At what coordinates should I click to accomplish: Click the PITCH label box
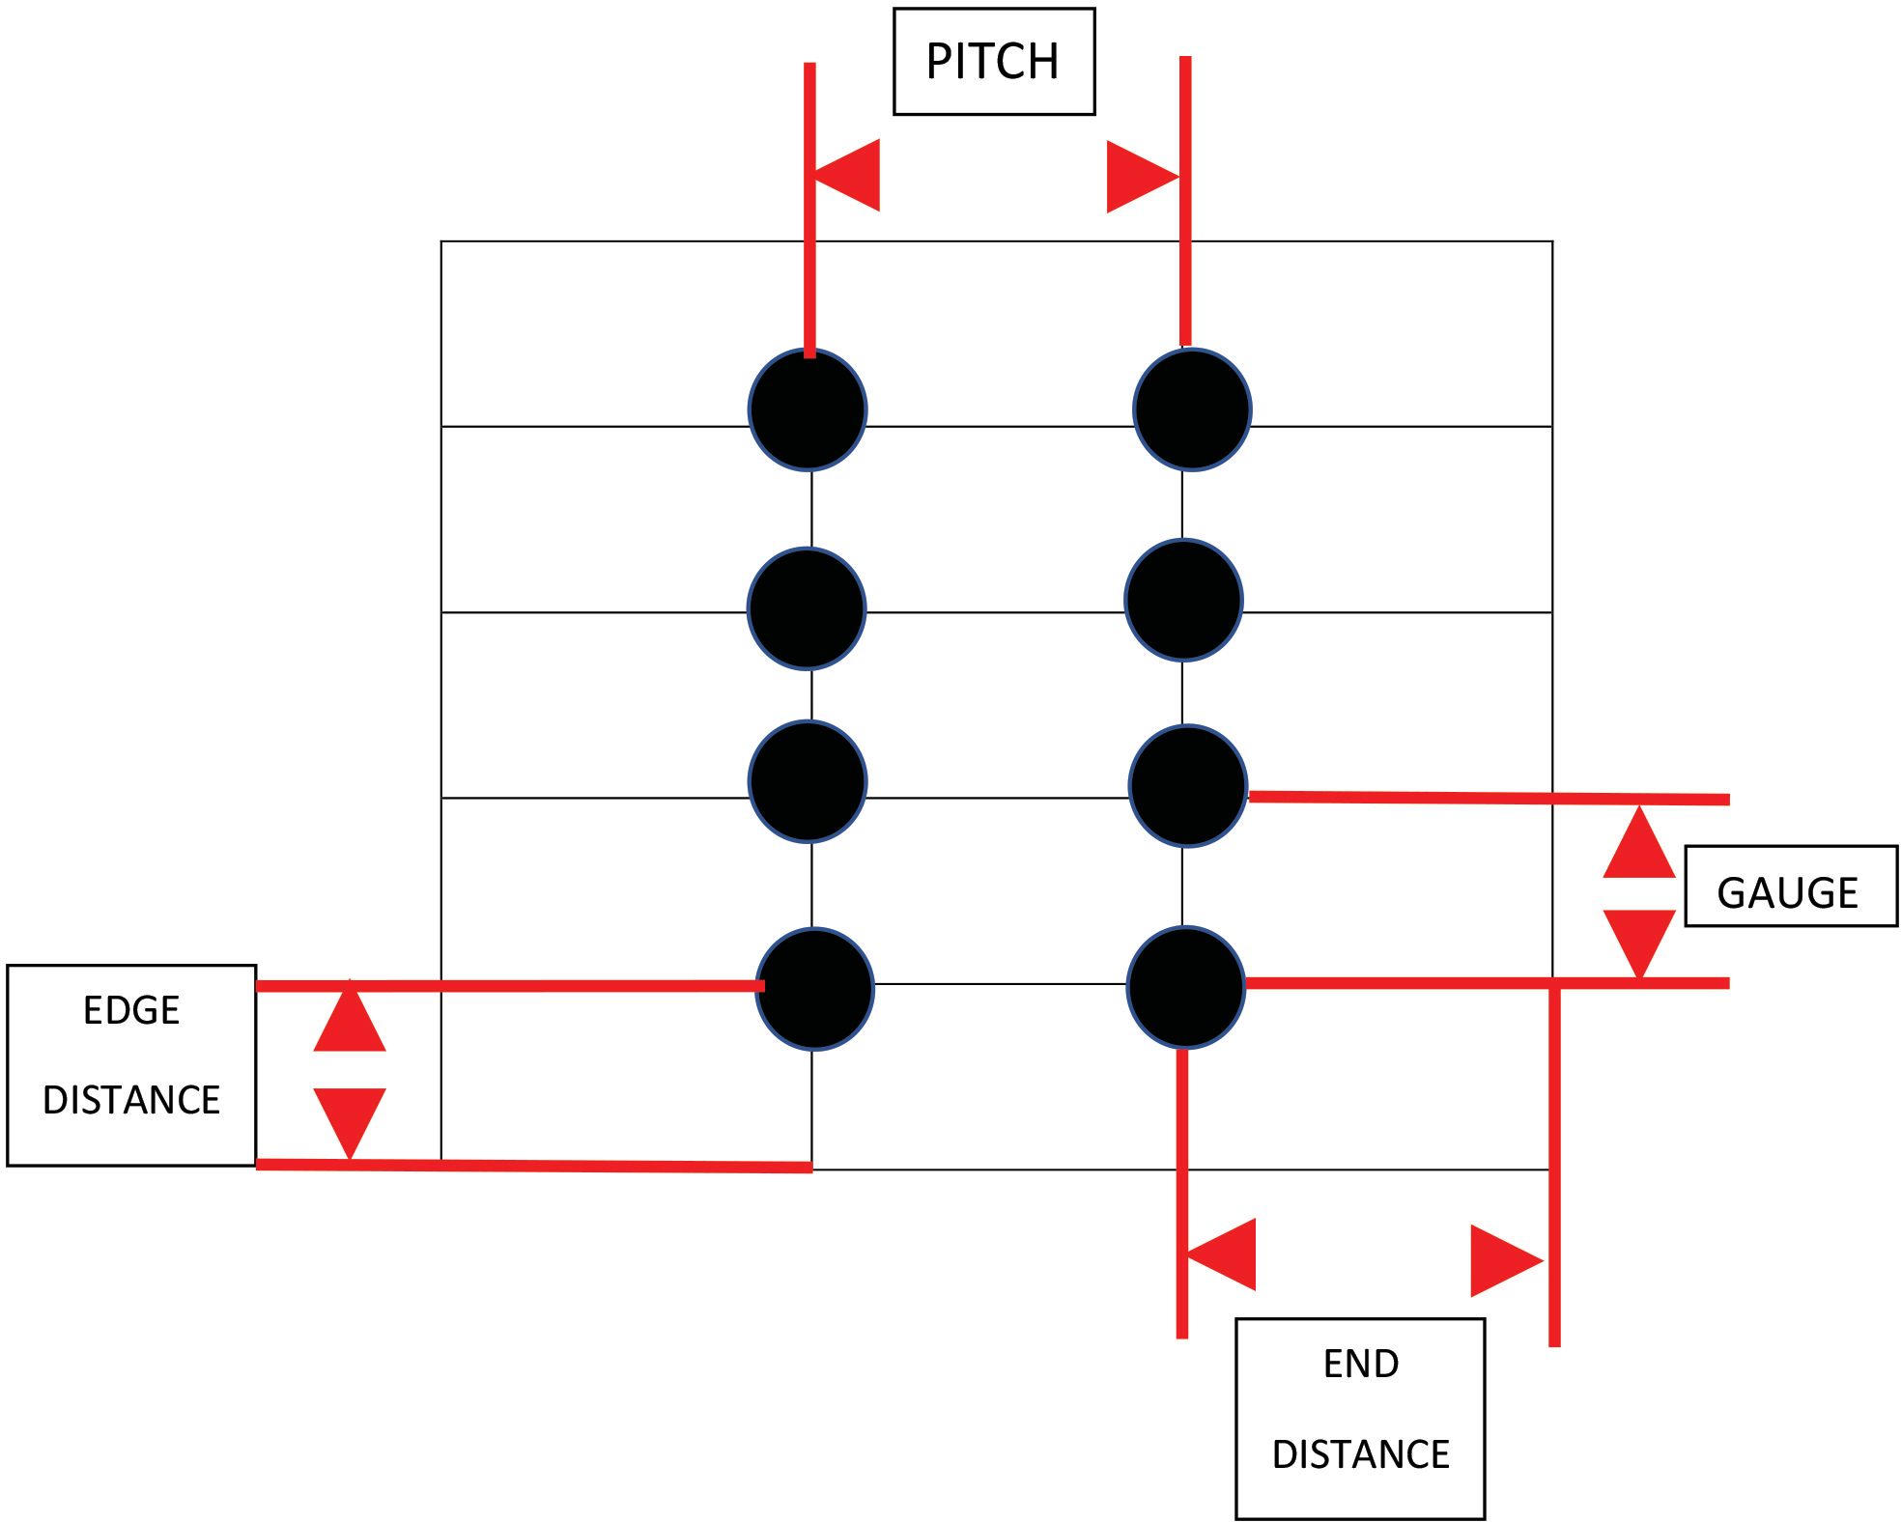994,62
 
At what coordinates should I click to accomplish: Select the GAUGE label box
1790,887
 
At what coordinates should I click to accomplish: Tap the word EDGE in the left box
131,1010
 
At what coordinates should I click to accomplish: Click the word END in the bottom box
1360,1364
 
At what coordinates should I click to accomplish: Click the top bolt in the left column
808,409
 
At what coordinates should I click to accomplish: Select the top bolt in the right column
1192,409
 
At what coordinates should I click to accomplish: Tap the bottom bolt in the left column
814,989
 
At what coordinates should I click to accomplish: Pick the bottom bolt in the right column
1185,987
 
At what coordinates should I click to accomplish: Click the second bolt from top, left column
807,608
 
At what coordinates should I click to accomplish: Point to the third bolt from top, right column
1187,785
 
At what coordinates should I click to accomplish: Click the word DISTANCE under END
1360,1454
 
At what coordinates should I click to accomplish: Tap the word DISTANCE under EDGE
131,1100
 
